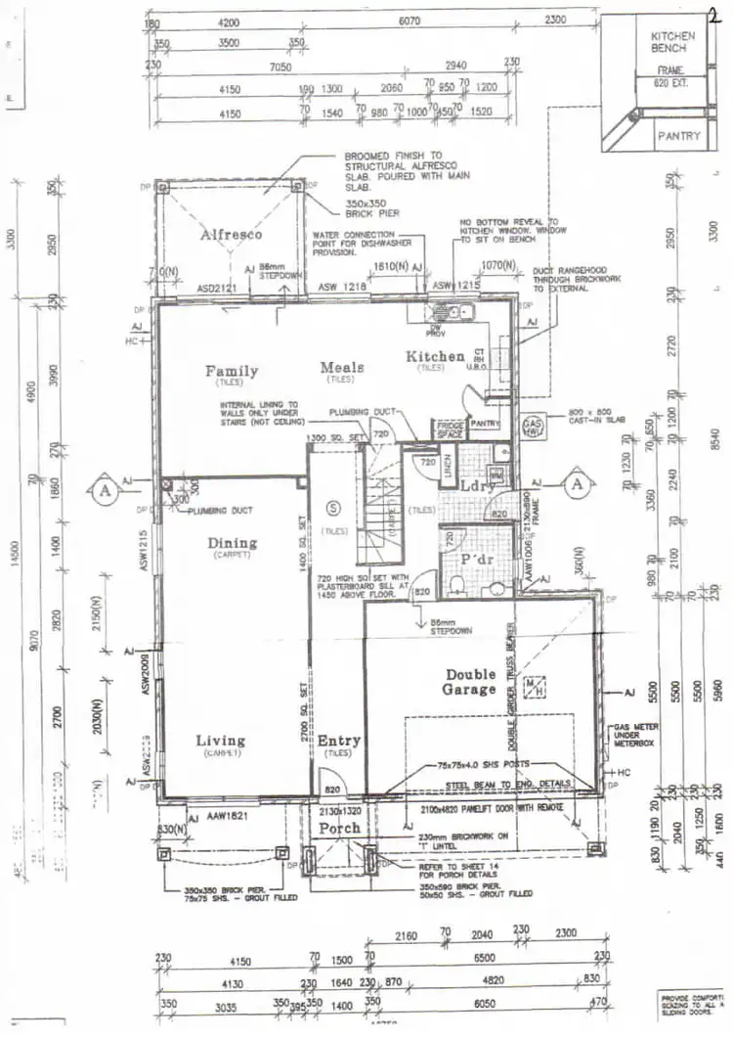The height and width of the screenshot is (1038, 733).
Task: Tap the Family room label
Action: click(x=232, y=371)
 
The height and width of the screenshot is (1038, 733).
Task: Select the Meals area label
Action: click(x=342, y=367)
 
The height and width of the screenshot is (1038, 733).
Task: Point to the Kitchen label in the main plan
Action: click(x=435, y=356)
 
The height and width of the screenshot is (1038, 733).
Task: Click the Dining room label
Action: click(x=232, y=543)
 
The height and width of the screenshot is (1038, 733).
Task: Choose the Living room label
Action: click(x=220, y=741)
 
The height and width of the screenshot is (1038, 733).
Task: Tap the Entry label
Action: click(x=339, y=741)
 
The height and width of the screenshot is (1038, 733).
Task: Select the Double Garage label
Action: click(x=471, y=682)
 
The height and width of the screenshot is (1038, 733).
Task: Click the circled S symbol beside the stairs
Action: click(x=332, y=506)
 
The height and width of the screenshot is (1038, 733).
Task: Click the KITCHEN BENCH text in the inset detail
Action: click(x=672, y=42)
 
